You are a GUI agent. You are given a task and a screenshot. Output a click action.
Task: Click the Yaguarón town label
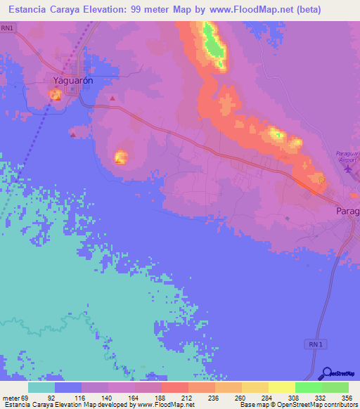(74, 80)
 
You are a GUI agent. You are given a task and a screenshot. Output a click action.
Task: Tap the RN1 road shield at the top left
(8, 27)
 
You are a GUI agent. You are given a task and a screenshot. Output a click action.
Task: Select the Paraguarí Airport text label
(348, 153)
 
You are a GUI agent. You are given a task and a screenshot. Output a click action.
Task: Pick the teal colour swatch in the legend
(41, 387)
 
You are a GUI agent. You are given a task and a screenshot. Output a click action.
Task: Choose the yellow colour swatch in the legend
(281, 387)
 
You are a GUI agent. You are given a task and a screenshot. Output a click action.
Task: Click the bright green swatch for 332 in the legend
(308, 387)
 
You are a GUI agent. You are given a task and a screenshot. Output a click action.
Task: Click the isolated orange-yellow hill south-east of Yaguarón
(121, 157)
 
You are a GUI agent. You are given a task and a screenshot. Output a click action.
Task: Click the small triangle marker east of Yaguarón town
(112, 98)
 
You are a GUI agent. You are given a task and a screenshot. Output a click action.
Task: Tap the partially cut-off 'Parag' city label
(347, 211)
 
